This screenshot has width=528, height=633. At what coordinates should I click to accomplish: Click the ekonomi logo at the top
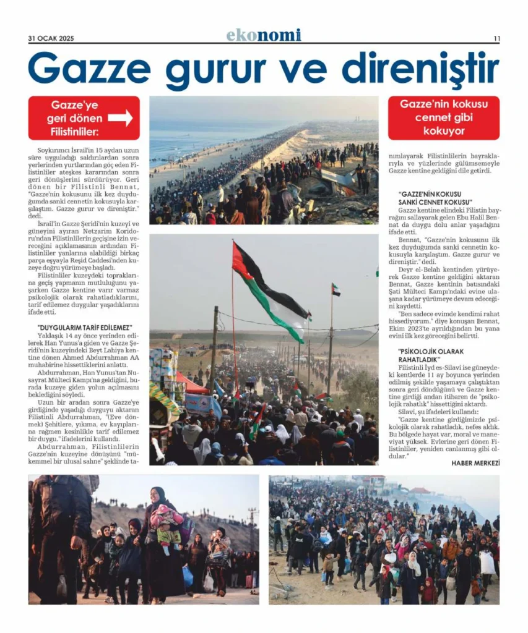pyautogui.click(x=264, y=35)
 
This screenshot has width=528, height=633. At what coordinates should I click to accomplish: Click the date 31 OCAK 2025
pyautogui.click(x=51, y=38)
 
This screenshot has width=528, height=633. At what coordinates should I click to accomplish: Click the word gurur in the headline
pyautogui.click(x=210, y=70)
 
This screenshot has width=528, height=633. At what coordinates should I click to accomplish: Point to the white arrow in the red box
pyautogui.click(x=120, y=117)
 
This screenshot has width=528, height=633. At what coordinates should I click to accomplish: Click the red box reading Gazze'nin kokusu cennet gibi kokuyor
pyautogui.click(x=443, y=117)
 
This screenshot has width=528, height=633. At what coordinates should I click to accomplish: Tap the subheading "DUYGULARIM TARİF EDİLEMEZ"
pyautogui.click(x=85, y=328)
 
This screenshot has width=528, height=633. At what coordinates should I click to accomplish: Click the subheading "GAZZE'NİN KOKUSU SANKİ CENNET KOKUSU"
pyautogui.click(x=435, y=198)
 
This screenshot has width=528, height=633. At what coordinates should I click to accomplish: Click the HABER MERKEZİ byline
pyautogui.click(x=475, y=462)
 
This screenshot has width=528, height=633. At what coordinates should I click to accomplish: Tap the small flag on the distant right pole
pyautogui.click(x=335, y=289)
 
